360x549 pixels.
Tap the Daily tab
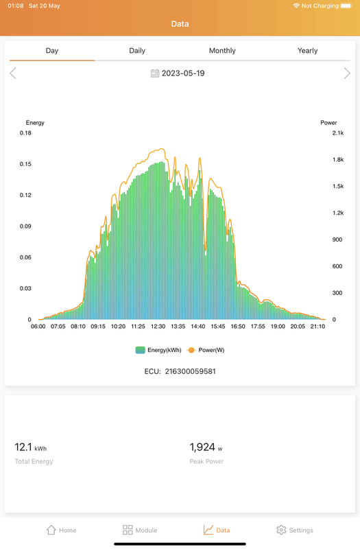[x=137, y=51]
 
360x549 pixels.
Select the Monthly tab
[x=222, y=51]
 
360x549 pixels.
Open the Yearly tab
[x=307, y=51]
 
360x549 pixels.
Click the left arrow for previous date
[x=13, y=73]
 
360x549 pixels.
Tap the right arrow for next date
[x=346, y=73]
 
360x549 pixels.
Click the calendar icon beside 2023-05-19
[x=155, y=73]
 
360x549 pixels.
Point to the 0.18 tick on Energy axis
[x=25, y=133]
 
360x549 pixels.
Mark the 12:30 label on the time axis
[x=158, y=327]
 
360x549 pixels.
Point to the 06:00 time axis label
[x=38, y=327]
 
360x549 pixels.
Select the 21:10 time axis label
[x=317, y=327]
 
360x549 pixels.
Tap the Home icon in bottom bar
[x=51, y=530]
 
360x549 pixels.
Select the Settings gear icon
[x=281, y=530]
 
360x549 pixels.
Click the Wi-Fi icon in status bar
[x=296, y=5]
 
